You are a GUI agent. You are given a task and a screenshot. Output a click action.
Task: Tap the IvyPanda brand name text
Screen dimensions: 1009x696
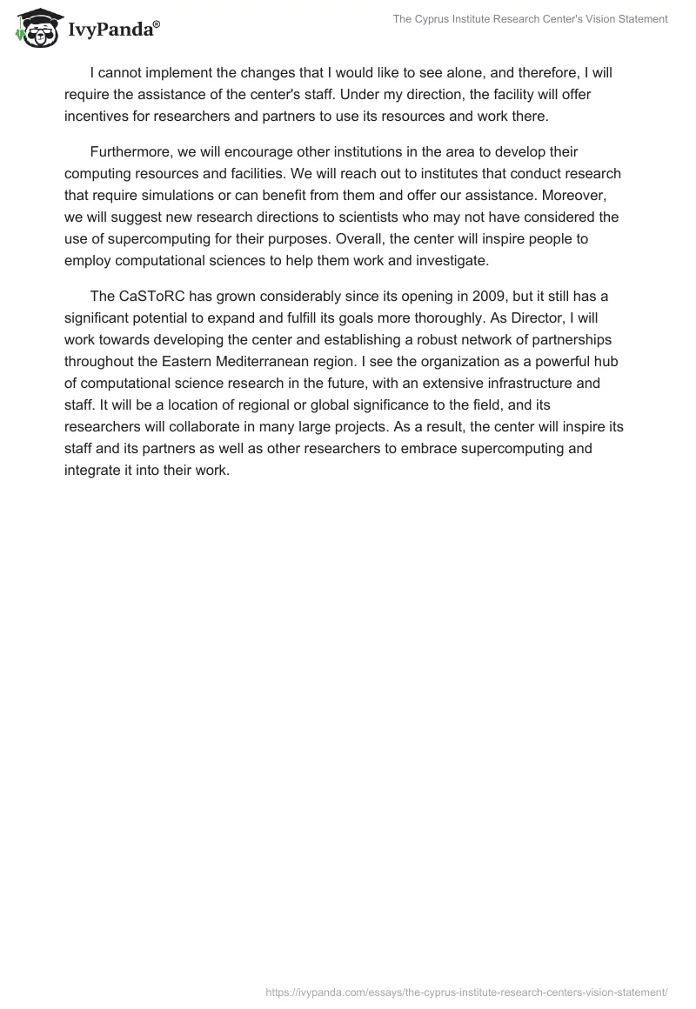coord(112,29)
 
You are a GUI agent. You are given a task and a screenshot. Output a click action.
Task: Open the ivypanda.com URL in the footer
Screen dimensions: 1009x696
coord(466,992)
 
